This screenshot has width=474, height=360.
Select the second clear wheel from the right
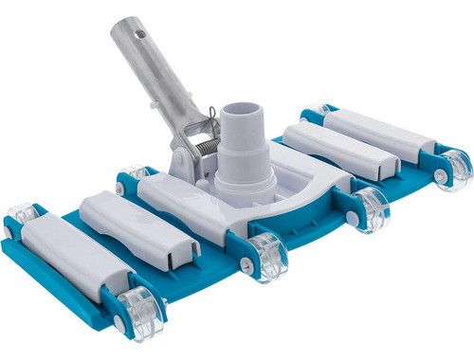(371, 208)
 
